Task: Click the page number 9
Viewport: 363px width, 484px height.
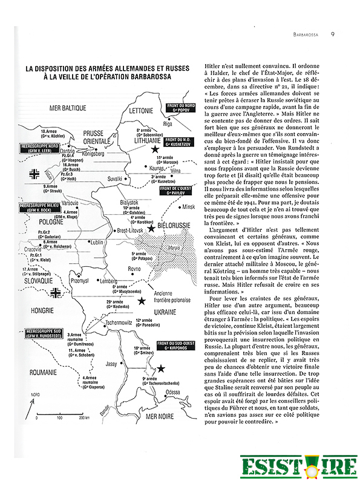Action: [x=333, y=34]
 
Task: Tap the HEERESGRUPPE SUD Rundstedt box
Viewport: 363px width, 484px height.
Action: [x=46, y=332]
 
